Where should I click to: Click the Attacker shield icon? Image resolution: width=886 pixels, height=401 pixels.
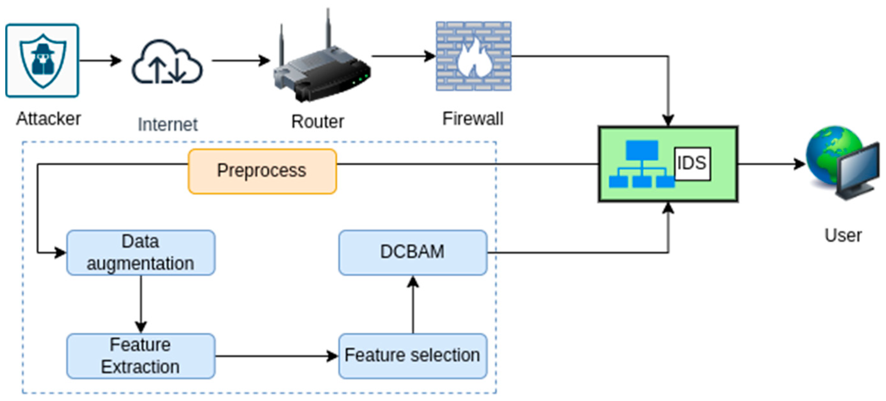pos(42,61)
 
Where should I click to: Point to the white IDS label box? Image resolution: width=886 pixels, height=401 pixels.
pos(692,163)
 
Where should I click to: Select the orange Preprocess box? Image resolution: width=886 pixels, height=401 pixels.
pos(262,171)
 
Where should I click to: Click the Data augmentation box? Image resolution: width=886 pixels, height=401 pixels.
pos(141,253)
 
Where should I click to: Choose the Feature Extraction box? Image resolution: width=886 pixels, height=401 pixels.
pos(141,356)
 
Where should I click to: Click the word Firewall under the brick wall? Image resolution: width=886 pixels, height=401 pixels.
pos(472,119)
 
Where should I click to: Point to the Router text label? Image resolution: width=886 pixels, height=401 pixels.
pos(317,122)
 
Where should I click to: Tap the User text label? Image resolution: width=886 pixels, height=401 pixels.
pos(843,236)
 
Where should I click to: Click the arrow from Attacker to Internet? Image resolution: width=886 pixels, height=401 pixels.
pos(100,61)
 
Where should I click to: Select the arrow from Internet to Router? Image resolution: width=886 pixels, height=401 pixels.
pos(241,61)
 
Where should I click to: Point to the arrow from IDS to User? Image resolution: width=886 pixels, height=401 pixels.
pos(770,164)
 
